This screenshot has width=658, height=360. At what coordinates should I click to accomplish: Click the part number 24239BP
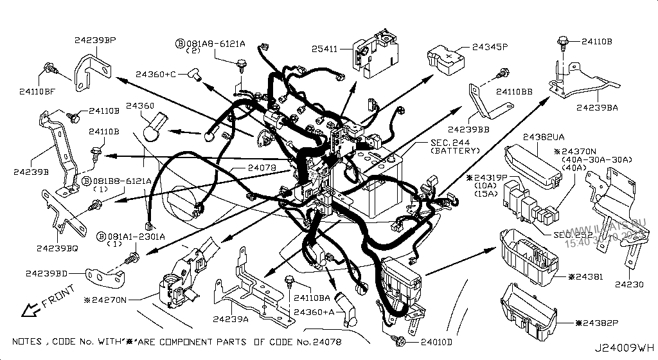point(94,40)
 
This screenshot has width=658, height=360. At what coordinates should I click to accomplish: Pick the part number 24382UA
point(544,138)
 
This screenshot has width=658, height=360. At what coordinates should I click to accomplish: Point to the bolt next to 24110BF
point(49,67)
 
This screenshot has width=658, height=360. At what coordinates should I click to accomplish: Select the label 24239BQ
point(58,248)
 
